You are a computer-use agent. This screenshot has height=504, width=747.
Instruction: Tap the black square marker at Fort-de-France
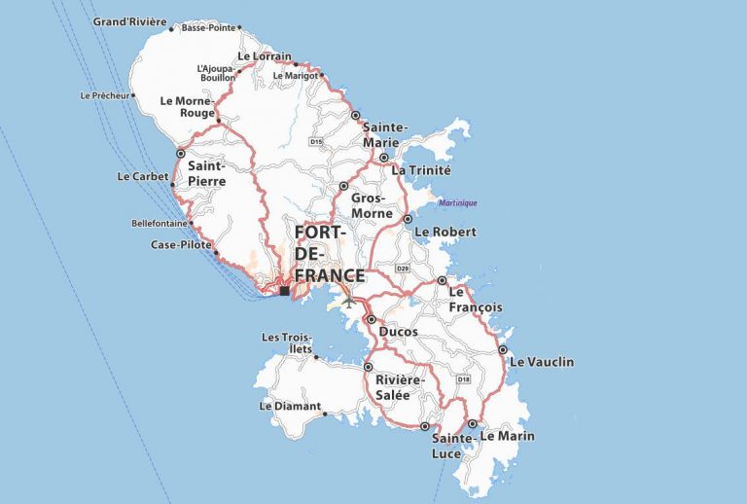point(284,290)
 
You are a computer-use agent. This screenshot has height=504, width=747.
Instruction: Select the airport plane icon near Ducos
point(349,301)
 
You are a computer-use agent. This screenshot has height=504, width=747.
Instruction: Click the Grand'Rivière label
point(129,21)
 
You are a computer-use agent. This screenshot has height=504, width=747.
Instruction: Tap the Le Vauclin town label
point(542,362)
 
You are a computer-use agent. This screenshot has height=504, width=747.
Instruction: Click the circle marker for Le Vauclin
point(503,349)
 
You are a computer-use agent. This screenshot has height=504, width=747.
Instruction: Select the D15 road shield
point(316,142)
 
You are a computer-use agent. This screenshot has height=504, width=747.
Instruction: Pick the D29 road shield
point(404,268)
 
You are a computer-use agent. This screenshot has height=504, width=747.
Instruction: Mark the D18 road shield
point(463,378)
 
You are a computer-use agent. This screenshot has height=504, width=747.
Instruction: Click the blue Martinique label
point(457,202)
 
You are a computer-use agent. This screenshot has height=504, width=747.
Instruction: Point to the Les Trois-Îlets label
point(288,342)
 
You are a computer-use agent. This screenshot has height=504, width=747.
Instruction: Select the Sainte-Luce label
point(452,447)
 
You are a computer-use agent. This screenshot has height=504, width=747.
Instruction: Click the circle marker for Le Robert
point(408,220)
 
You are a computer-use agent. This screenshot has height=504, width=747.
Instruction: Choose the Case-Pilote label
point(181,244)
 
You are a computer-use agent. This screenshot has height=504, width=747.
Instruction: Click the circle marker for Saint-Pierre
point(180,153)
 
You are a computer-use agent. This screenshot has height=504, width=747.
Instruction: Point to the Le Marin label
point(507,436)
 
